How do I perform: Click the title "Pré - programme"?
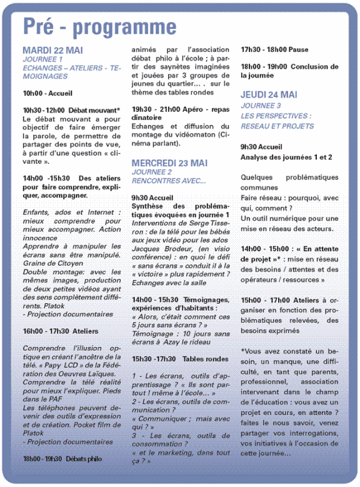pos(100,27)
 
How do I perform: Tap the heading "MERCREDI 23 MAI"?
pos(169,163)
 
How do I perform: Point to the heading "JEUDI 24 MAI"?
pos(269,94)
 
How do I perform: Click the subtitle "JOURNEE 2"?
pos(152,172)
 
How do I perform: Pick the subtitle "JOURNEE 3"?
pos(261,106)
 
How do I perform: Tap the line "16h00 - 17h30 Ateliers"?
pos(61,331)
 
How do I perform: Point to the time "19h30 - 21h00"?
pos(154,109)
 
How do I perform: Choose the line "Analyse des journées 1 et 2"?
pos(286,158)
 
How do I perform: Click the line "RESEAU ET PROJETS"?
pos(277,126)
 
